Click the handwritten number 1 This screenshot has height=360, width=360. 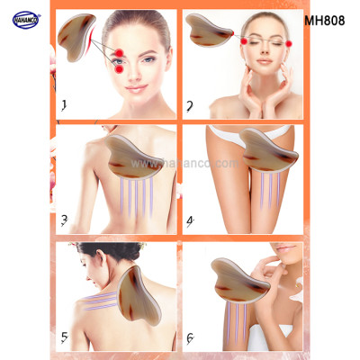click(x=64, y=105)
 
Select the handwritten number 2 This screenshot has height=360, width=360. click(x=191, y=105)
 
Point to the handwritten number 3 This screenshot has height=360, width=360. click(x=64, y=219)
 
